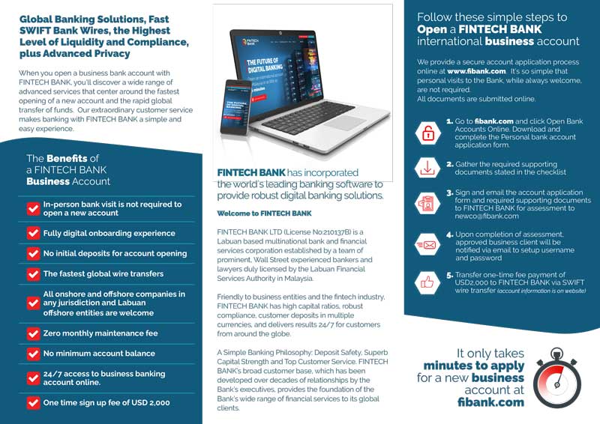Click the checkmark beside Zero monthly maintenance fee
(x=33, y=333)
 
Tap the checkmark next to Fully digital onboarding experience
(x=33, y=233)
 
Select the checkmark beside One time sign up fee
(x=33, y=402)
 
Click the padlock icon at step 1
(x=428, y=133)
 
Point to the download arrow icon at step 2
(x=428, y=169)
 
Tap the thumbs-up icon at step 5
(x=428, y=282)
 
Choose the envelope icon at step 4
(x=428, y=244)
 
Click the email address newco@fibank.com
(x=487, y=216)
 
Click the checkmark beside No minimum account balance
(x=33, y=353)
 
